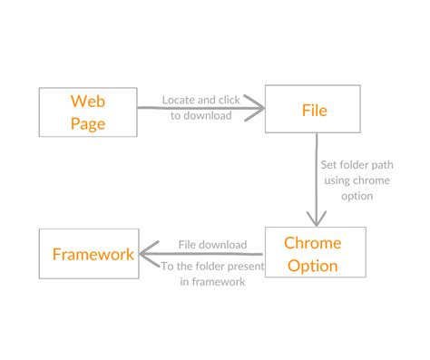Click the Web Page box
tap(89, 112)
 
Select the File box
tap(314, 111)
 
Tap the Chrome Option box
tap(314, 253)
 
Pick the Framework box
tap(89, 254)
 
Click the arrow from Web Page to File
tap(200, 110)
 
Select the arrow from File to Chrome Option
tap(315, 181)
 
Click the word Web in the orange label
tap(89, 100)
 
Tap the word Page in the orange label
tap(89, 123)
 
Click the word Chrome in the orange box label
tap(313, 243)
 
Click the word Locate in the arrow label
tap(178, 99)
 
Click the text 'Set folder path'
tap(357, 167)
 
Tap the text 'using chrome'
tap(356, 181)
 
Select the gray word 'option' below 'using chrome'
tap(357, 196)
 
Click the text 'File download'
tap(212, 244)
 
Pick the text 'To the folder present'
tap(212, 267)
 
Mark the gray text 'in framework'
tap(212, 282)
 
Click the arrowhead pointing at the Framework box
tap(146, 254)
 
